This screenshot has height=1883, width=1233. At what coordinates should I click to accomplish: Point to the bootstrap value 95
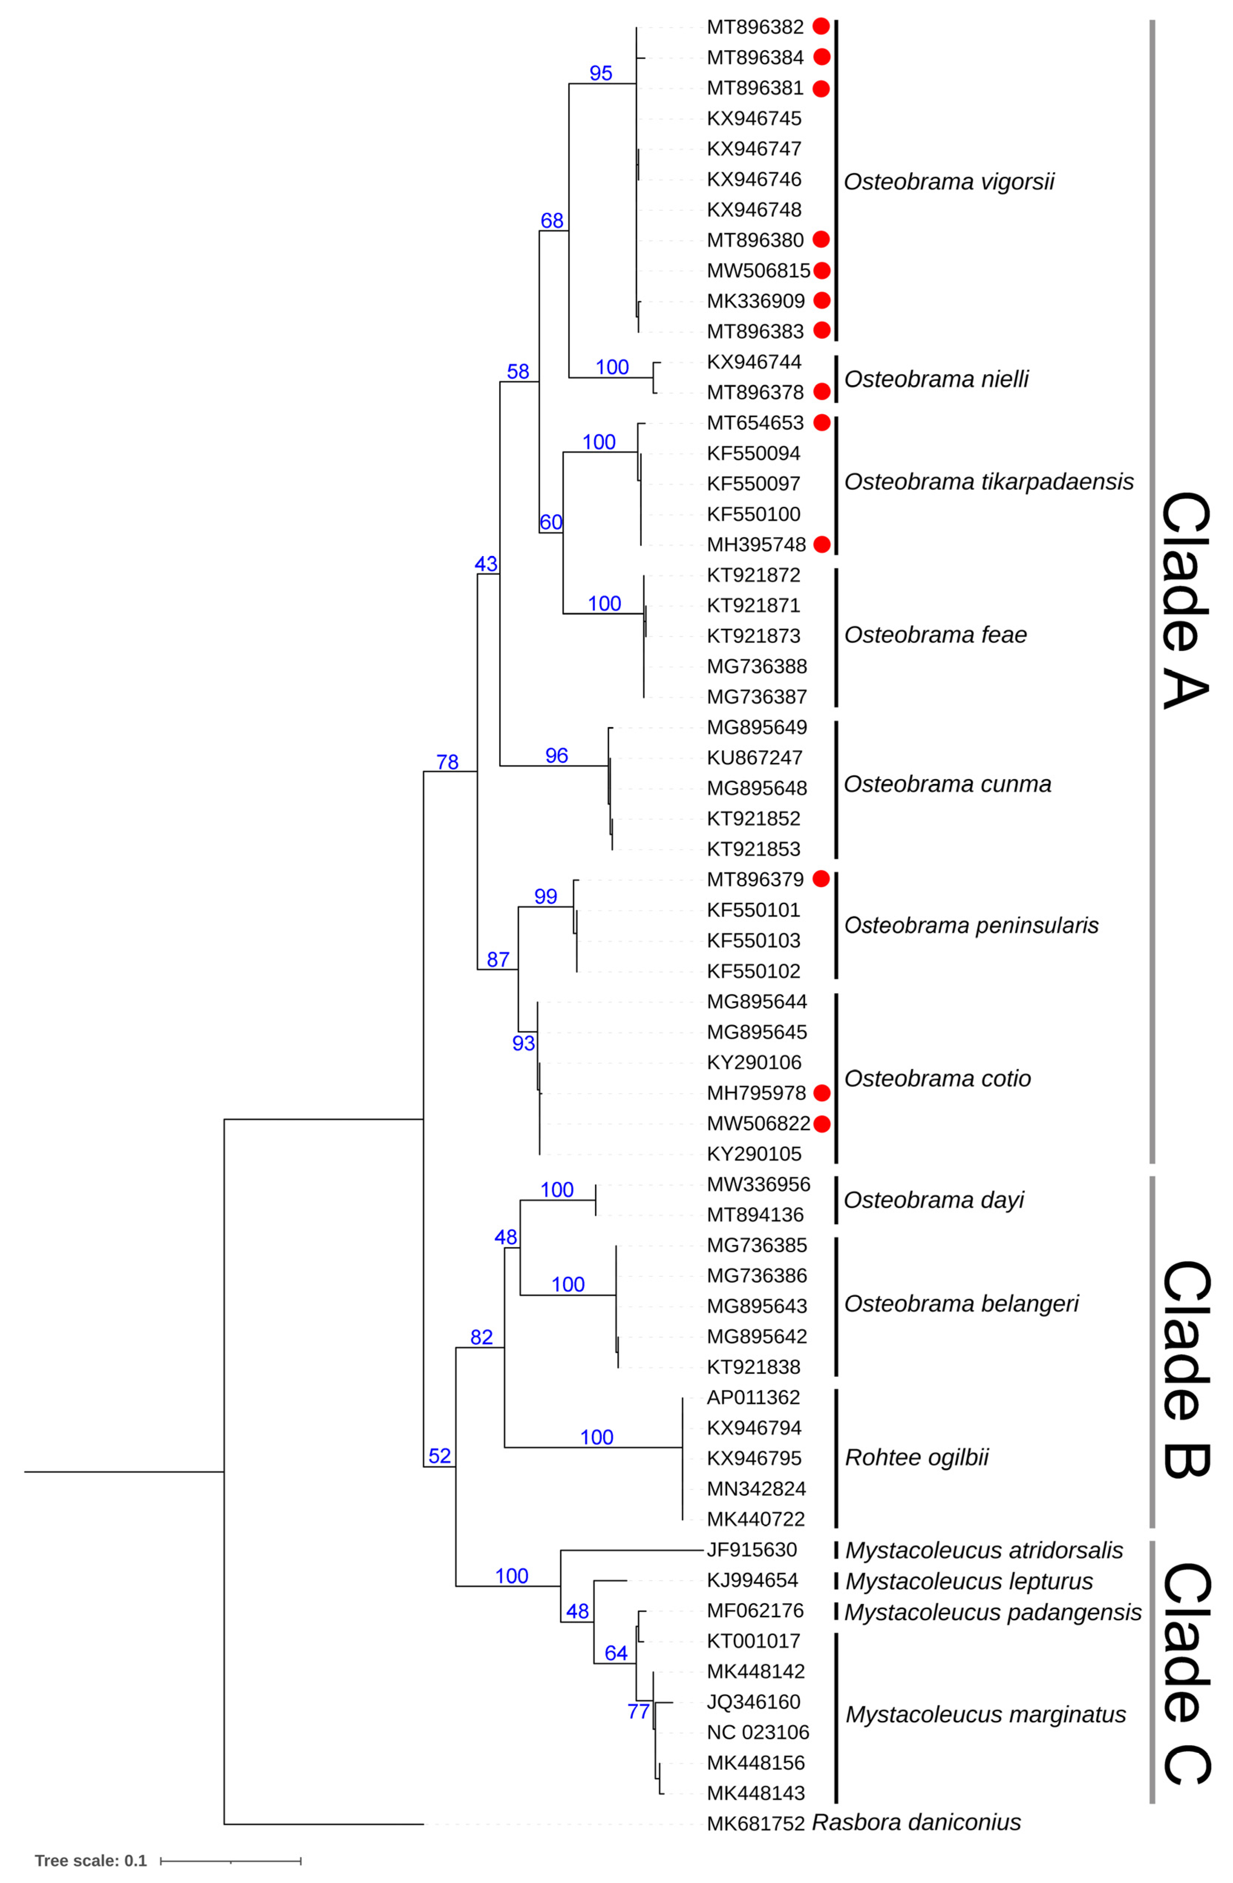(x=601, y=73)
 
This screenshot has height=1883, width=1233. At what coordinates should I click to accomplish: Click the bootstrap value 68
(x=552, y=221)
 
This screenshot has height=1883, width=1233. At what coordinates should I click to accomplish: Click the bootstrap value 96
(x=556, y=756)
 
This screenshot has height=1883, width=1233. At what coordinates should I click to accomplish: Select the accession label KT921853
(x=754, y=849)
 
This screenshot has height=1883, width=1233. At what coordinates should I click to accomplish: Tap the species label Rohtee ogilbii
(x=917, y=1457)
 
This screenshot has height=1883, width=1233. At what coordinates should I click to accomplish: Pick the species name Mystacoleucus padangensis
(x=992, y=1612)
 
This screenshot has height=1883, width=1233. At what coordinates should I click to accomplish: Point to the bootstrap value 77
(x=638, y=1711)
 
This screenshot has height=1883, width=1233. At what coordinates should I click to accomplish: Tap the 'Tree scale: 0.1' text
(x=91, y=1860)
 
